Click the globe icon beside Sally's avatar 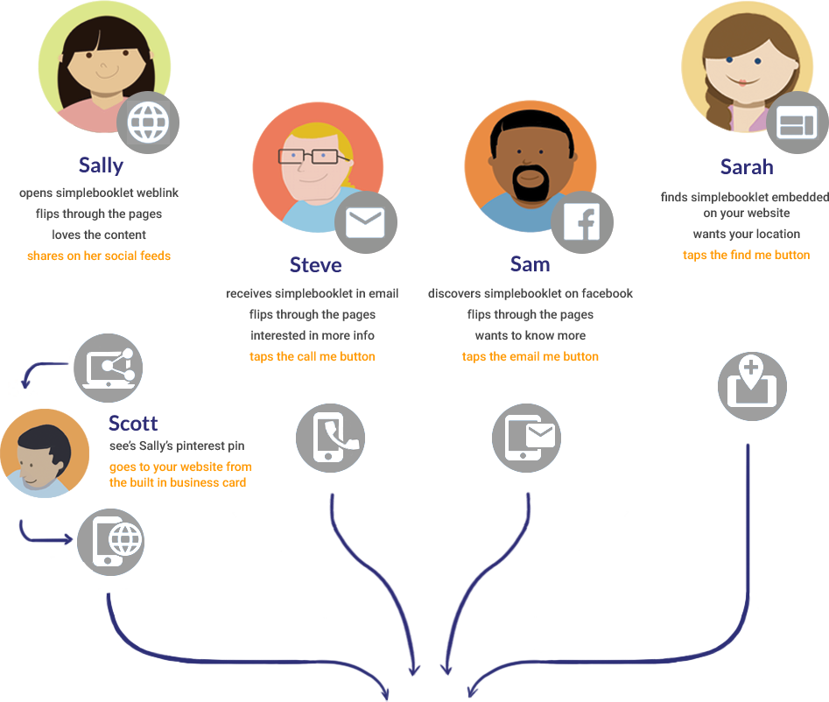[147, 123]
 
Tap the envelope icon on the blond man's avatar [365, 222]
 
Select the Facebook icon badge [581, 222]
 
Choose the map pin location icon [751, 386]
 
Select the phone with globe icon [111, 541]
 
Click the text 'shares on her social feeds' [99, 256]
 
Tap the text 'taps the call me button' [313, 356]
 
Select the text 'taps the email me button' [530, 356]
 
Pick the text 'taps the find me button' [746, 255]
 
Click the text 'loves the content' [99, 235]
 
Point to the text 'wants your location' [746, 234]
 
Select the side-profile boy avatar [44, 453]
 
